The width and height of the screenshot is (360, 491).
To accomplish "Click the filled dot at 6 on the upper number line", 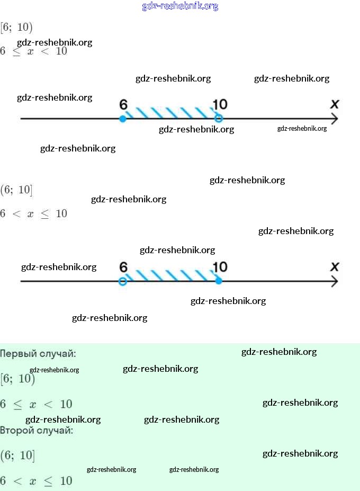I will point(123,119).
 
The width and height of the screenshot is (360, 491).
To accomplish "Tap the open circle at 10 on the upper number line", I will point(219,119).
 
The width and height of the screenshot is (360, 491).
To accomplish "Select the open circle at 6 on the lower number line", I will point(123,281).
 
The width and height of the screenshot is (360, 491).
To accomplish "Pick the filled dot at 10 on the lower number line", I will point(219,281).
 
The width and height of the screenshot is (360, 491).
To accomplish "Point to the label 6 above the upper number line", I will point(124,104).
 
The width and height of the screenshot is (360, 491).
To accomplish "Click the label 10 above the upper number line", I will point(220,104).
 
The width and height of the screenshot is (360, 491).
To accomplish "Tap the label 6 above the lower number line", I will point(124,267).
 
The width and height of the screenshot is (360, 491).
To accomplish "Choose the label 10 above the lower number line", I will point(220,267).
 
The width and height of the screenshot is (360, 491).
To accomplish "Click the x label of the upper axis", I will point(335,104).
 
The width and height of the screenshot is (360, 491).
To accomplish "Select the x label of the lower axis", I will point(335,266).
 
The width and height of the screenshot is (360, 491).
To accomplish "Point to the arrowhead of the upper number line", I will point(335,119).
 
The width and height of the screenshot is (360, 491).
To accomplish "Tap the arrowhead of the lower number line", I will point(335,281).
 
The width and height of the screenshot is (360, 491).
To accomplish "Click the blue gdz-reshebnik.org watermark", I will point(180,6).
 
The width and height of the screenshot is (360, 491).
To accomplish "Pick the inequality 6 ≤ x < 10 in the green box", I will point(36,404).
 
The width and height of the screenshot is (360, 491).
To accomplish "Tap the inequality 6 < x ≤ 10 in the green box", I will point(36,481).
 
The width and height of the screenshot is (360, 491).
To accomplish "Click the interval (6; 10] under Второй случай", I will point(17,455).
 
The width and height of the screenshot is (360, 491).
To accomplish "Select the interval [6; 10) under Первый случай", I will point(17,378).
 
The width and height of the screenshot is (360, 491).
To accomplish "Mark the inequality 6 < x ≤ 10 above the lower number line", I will point(34,213).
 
